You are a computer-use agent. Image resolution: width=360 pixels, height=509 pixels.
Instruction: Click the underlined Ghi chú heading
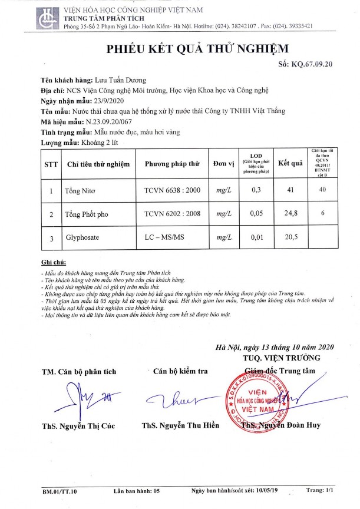click(x=52, y=261)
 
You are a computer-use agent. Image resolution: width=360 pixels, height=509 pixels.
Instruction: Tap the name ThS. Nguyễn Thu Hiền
click(x=180, y=425)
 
